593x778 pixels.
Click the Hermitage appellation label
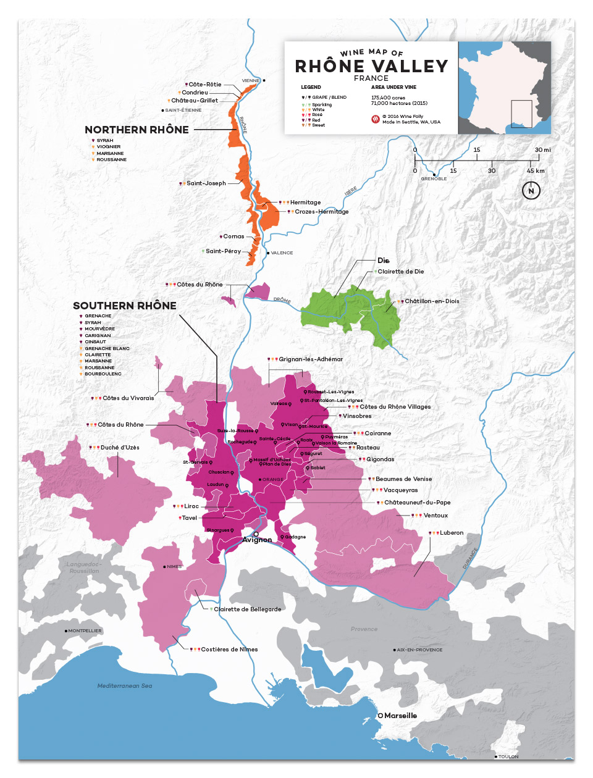coord(305,203)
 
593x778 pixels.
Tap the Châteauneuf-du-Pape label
coord(417,503)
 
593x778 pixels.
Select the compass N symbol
coord(531,191)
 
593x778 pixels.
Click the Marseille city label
coord(400,716)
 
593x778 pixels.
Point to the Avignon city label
coord(257,540)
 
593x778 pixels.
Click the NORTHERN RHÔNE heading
coord(137,130)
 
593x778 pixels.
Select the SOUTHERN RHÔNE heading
coord(125,306)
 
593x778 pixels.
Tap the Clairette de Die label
coord(401,272)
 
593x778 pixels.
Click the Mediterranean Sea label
coord(125,686)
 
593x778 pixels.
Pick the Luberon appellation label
coord(452,533)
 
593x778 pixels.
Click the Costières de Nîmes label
coord(229,650)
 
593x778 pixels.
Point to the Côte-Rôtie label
coord(205,85)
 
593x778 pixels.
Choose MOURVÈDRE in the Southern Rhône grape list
coord(99,329)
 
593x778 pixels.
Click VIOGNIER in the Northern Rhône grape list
coord(109,147)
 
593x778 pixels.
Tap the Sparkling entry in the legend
coord(322,105)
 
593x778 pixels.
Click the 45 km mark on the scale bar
coord(536,171)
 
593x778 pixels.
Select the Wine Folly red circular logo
coord(375,119)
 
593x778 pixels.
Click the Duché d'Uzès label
coord(120,448)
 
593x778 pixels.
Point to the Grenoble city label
coord(434,179)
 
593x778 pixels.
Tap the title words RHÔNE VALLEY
coord(371,66)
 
